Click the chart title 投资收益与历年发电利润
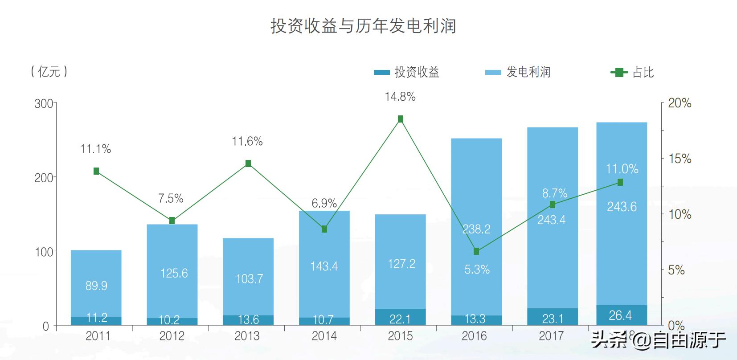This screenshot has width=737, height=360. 363,26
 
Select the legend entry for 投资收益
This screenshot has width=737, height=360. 407,72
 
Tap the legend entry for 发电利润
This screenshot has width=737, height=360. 518,72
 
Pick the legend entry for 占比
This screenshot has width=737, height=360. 633,72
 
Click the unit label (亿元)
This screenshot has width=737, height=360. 49,71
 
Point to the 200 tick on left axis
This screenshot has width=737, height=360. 44,178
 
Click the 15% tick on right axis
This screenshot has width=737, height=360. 679,159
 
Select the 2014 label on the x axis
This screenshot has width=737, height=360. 324,336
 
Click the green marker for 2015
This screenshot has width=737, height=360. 400,119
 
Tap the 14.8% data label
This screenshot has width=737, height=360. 400,97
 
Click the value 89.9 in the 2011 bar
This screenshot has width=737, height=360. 96,286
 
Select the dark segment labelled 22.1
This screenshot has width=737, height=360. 400,318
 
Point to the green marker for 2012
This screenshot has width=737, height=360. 172,221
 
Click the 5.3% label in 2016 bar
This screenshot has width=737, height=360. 477,270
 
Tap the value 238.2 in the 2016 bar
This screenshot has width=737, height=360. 476,229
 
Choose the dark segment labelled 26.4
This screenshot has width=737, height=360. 621,315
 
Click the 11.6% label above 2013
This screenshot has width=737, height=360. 247,142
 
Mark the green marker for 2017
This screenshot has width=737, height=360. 552,205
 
